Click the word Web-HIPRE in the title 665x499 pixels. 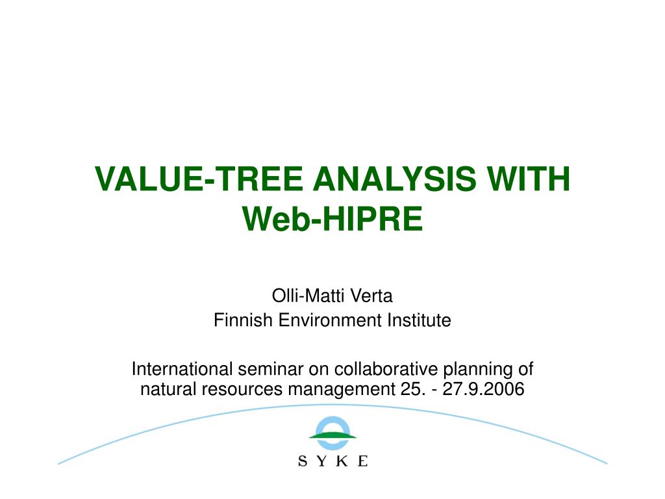coord(332,218)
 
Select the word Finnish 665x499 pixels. coord(238,320)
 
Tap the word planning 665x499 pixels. coord(477,370)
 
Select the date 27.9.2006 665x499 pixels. coord(492,390)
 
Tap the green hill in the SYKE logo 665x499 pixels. coord(332,435)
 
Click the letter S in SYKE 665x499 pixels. coord(303,461)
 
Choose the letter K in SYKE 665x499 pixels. coord(343,461)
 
